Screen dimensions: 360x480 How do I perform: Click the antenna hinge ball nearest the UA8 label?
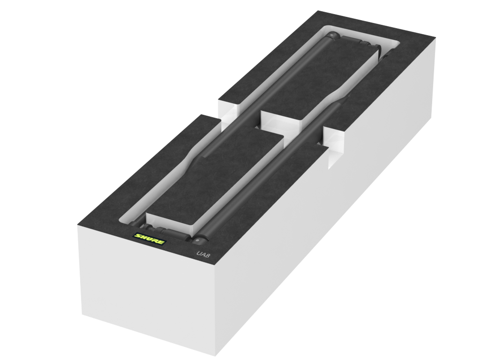click(x=200, y=240)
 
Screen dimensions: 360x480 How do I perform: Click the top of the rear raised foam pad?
click(x=323, y=75)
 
